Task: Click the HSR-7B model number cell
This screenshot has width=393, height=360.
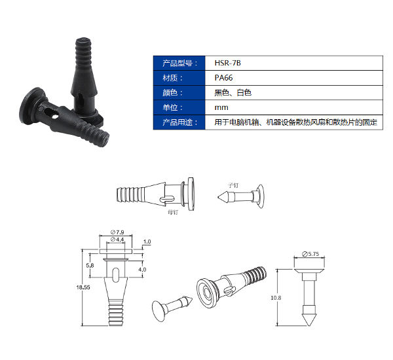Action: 223,63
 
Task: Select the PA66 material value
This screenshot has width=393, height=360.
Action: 224,78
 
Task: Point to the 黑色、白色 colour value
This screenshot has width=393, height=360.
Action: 233,93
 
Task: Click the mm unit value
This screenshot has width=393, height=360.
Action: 221,107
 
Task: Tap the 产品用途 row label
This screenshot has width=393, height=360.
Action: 177,122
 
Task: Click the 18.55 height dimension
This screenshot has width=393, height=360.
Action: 82,286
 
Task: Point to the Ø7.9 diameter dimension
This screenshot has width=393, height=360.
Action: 119,232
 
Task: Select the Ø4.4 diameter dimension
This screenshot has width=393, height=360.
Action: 119,240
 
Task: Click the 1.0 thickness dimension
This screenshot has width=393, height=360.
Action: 147,242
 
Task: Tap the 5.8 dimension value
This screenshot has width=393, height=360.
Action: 90,265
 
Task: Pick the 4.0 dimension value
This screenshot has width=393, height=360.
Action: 142,269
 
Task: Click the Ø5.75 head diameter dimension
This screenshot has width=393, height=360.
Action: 310,253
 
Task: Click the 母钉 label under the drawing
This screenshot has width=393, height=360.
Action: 173,211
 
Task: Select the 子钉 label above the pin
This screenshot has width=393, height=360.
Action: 233,186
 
